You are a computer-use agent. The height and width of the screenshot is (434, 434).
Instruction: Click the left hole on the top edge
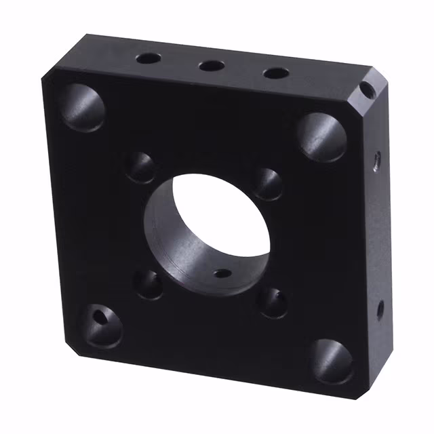coord(147,58)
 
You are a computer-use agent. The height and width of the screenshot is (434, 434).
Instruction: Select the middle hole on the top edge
coord(212,66)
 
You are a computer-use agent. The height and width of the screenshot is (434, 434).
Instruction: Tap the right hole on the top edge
coord(275,73)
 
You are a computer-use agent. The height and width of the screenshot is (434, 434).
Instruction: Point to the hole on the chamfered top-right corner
coord(366,89)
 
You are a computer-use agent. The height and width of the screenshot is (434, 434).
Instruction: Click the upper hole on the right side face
coord(376,160)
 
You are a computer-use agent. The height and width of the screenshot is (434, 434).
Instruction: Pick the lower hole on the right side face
coord(380,309)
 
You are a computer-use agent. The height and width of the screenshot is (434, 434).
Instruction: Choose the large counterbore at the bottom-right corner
coord(333,360)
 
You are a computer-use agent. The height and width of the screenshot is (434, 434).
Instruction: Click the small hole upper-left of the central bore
coord(141,167)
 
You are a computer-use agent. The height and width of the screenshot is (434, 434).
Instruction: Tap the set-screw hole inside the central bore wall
coord(222,274)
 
